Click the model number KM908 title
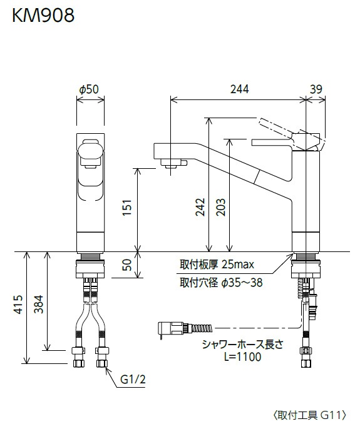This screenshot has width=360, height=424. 43,16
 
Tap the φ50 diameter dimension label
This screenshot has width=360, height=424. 89,89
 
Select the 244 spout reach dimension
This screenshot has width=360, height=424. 239,89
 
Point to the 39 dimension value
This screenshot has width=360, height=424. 316,89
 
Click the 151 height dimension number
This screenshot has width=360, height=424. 127,208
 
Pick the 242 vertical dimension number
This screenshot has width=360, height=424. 200,207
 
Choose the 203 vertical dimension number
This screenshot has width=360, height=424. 220,207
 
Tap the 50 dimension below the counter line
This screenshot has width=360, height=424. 127,265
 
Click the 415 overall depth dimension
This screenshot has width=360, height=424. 18,305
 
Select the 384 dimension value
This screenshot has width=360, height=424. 38,304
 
